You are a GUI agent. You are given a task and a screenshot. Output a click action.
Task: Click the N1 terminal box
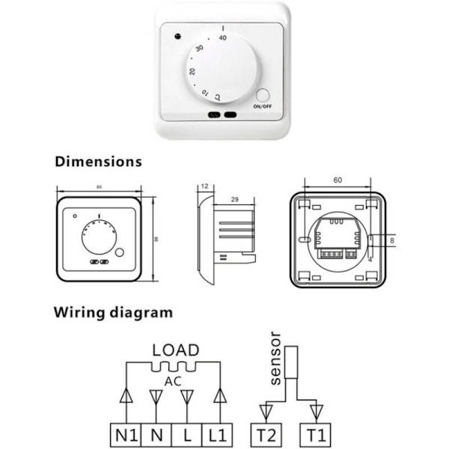tap(126, 433)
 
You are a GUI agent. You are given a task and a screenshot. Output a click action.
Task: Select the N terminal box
tap(156, 433)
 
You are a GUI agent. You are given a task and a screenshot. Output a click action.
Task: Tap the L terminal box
tap(186, 433)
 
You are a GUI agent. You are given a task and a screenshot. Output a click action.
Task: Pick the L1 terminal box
tap(217, 433)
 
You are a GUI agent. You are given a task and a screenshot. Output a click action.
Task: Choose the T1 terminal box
tap(317, 433)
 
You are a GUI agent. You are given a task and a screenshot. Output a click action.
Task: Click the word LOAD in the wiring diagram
tap(176, 349)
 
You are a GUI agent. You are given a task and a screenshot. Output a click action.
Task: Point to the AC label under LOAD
tap(174, 379)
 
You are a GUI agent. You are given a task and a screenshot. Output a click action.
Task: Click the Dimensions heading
tap(98, 161)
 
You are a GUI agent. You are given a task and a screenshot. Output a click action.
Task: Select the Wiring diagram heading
tap(113, 312)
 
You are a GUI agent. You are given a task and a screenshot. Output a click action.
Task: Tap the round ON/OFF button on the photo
tap(263, 95)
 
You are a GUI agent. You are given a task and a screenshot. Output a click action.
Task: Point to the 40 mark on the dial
tap(222, 37)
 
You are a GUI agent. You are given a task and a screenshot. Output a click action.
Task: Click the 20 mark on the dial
tap(193, 71)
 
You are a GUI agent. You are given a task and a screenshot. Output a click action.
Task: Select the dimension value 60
tap(337, 180)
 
